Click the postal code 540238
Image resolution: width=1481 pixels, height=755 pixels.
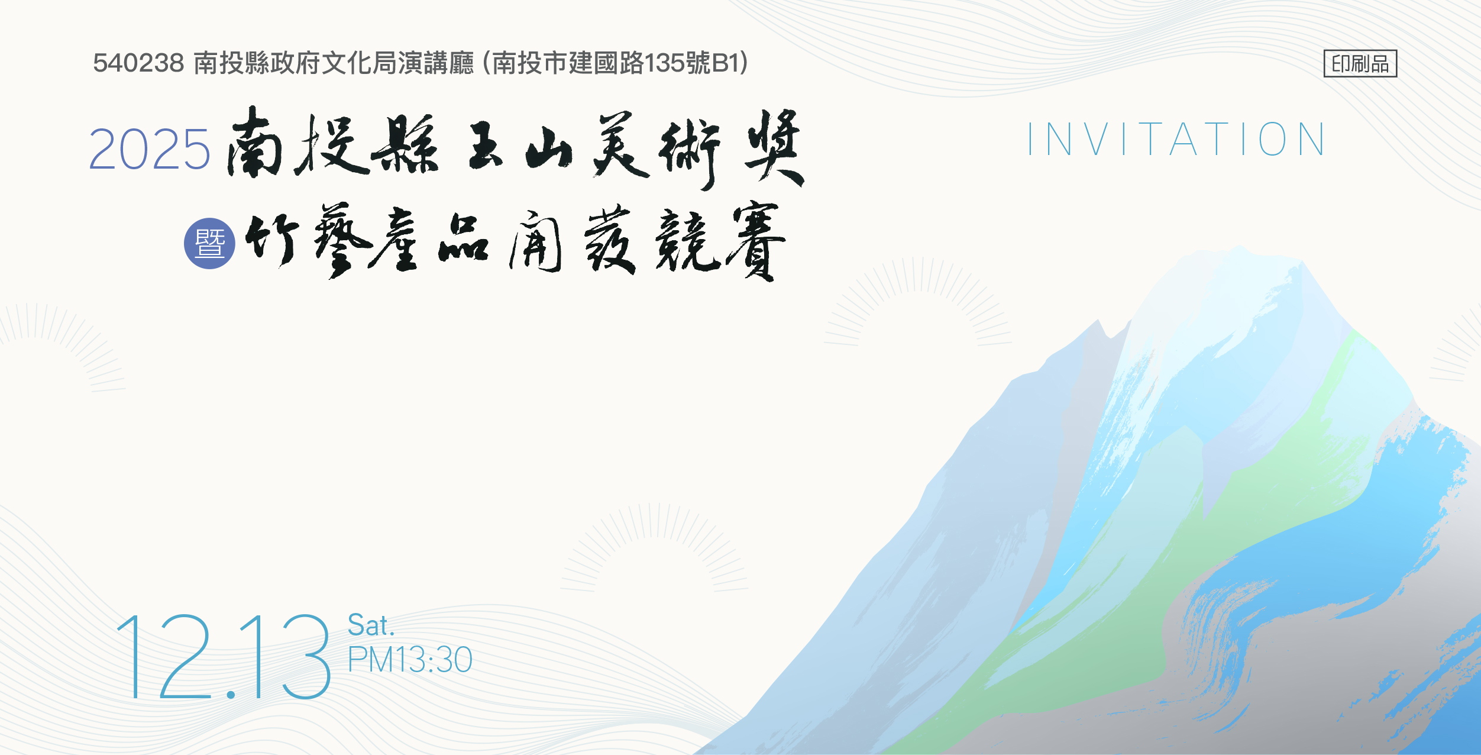click(138, 63)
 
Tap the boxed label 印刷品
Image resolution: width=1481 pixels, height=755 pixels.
click(1360, 63)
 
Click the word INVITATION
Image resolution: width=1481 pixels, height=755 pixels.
click(1176, 140)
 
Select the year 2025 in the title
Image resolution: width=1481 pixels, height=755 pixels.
click(149, 149)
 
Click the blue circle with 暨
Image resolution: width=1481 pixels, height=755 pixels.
click(209, 243)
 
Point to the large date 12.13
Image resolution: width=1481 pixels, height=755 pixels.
click(223, 657)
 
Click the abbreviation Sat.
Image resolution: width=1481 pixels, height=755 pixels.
click(371, 625)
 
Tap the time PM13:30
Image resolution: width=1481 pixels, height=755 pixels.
click(410, 659)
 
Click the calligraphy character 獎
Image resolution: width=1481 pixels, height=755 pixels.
click(774, 147)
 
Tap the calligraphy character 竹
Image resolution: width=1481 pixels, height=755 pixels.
click(272, 239)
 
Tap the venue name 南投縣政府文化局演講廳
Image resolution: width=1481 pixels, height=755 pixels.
click(334, 63)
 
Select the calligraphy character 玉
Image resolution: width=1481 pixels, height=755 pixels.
click(486, 145)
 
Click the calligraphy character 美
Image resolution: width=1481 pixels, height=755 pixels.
click(621, 145)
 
